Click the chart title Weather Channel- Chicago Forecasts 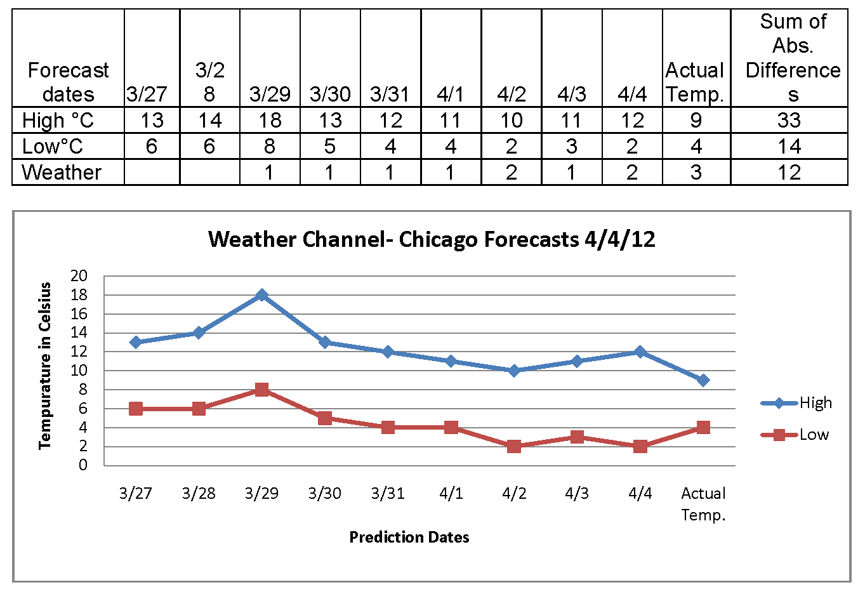coord(432,240)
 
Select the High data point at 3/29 coord(261,295)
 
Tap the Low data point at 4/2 coord(514,446)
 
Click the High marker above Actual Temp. coord(703,380)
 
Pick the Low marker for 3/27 coord(136,409)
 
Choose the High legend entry coord(797,403)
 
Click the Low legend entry coord(797,435)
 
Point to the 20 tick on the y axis coord(79,276)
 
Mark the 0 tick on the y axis coord(83,465)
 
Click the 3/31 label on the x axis coord(388,493)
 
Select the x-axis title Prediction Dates coord(409,538)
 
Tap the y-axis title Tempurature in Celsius coord(44,366)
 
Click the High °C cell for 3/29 coord(270,120)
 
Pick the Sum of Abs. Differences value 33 coord(789,120)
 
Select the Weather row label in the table coord(62,172)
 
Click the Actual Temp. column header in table coord(696,82)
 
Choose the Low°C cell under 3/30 coord(330,146)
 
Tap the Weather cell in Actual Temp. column coord(696,172)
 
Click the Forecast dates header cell coord(68,82)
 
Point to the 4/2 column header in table coord(512,94)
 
